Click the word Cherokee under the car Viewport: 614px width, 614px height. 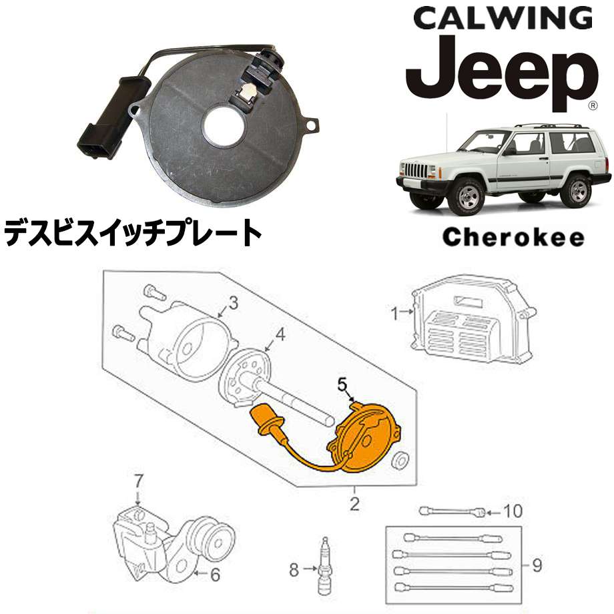click(513, 237)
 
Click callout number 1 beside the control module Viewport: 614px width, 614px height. click(393, 311)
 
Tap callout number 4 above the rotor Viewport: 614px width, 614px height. click(280, 336)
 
